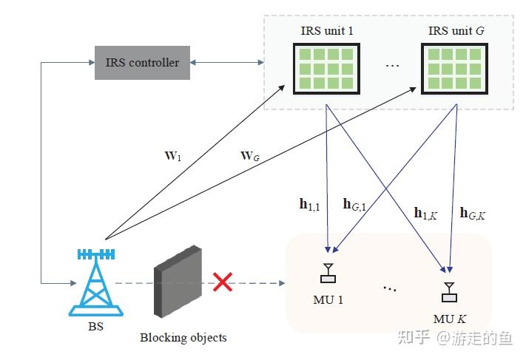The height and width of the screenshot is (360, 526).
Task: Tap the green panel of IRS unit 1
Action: click(x=323, y=68)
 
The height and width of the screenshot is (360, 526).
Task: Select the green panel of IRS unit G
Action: click(x=453, y=68)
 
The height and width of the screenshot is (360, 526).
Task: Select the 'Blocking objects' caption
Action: click(x=183, y=338)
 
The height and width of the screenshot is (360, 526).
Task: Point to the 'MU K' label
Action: click(x=448, y=319)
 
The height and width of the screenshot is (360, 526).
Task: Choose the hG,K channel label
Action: click(x=473, y=214)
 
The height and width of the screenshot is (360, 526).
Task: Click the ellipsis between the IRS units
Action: click(x=392, y=67)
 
